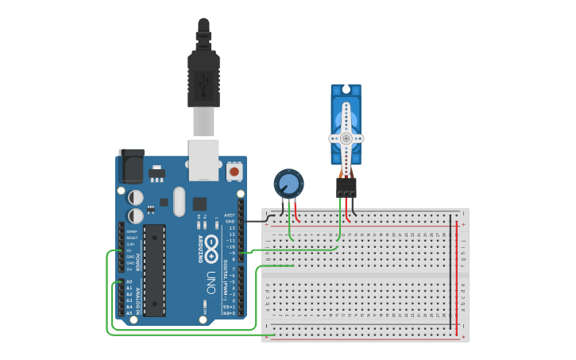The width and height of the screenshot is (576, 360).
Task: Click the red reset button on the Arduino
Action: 234,171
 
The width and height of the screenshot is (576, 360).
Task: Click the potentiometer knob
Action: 288,184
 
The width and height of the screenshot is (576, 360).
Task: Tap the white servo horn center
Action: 346,137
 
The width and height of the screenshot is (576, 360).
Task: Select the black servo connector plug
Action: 346,187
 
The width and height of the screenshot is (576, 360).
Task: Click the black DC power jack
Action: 131,165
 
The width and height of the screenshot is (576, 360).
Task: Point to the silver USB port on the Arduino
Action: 203,158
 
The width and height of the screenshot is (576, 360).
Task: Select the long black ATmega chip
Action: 154,270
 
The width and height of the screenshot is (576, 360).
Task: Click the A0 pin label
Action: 129,282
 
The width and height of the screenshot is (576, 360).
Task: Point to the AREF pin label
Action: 230,215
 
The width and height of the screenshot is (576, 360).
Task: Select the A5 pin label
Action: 129,313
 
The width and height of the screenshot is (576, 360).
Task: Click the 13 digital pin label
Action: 231,227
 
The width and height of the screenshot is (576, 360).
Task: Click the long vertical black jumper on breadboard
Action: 450,270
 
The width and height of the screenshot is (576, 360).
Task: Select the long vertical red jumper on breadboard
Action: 457,270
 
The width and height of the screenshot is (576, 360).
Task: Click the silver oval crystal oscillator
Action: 179,200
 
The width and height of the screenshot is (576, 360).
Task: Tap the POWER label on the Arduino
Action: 138,262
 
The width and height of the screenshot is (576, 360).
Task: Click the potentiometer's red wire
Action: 297,211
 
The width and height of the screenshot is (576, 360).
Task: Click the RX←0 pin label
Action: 229,313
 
